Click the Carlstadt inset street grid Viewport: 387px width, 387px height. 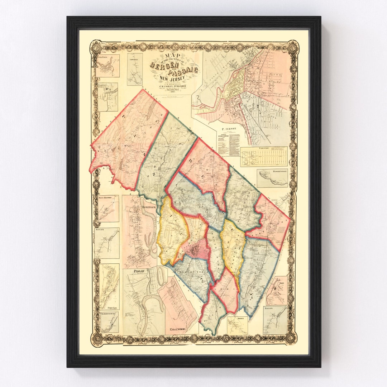click(x=264, y=157)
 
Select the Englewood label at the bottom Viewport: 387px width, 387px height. click(x=175, y=329)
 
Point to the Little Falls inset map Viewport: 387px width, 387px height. click(x=107, y=66)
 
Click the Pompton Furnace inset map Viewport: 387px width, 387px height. click(x=107, y=97)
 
